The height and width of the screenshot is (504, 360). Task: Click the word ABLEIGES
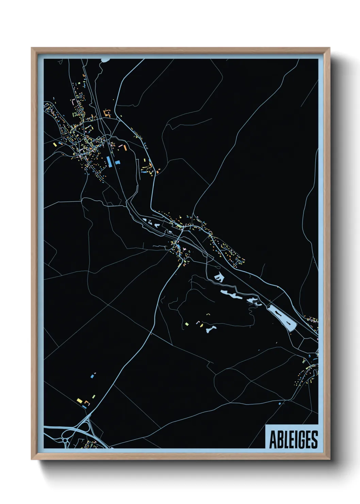(x=293, y=440)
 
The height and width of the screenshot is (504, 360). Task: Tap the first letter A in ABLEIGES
(x=273, y=440)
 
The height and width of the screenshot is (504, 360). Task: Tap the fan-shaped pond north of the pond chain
(x=218, y=277)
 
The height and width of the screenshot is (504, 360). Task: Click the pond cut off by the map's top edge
(x=105, y=60)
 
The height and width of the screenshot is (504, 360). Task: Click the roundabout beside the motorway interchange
(x=65, y=441)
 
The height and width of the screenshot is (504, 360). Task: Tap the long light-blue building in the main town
(x=109, y=161)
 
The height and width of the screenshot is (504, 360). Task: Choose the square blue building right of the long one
(x=118, y=162)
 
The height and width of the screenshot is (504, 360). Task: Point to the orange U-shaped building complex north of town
(x=108, y=113)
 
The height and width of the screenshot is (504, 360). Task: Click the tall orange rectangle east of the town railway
(x=125, y=148)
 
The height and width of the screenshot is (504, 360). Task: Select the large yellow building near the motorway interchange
(x=80, y=400)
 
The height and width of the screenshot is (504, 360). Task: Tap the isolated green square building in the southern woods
(x=187, y=324)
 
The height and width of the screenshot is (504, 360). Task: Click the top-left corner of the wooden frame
(x=32, y=48)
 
